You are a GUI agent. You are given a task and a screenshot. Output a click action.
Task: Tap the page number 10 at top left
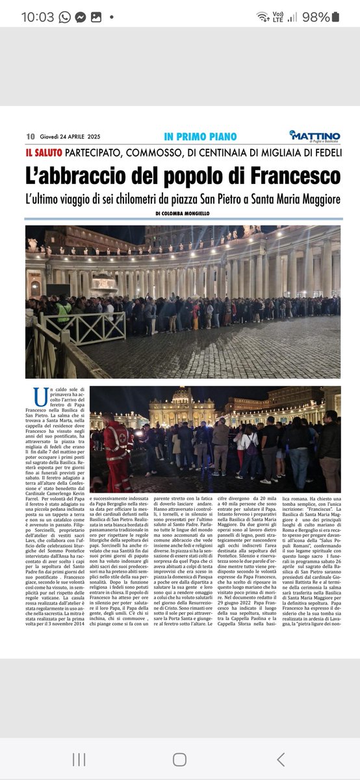(x=30, y=136)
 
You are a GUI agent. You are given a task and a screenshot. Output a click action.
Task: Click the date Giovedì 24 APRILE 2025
(x=71, y=136)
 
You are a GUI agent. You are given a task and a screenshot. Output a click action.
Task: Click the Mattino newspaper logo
(x=316, y=135)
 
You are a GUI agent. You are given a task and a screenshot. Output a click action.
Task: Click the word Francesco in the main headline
(x=285, y=175)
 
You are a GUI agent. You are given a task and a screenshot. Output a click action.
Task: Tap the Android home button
(x=180, y=759)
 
